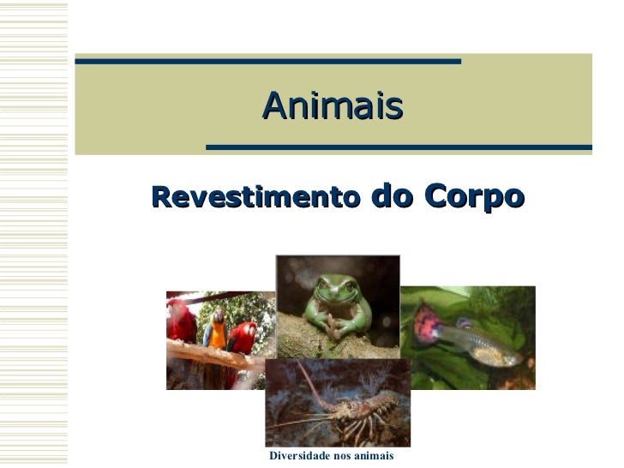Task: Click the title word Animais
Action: (333, 106)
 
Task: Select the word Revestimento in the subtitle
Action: (255, 198)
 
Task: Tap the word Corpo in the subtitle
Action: (471, 196)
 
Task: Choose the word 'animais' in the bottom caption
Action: (371, 456)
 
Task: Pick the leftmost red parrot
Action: (182, 321)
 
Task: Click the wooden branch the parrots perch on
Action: (206, 353)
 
